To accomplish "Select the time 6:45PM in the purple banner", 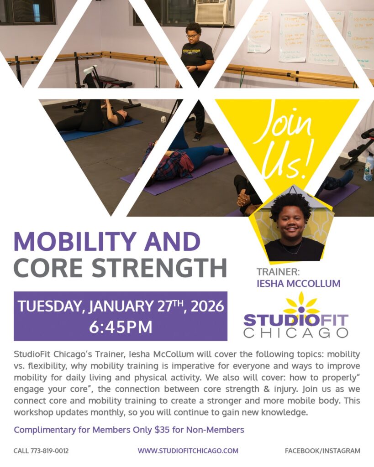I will tap(121, 327).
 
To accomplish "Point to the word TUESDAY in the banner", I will tap(48, 306).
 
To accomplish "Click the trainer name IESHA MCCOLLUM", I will tap(298, 284).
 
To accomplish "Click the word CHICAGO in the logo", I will tap(295, 332).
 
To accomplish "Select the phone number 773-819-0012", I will tap(50, 451).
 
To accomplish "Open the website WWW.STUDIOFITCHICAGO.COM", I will tap(188, 451).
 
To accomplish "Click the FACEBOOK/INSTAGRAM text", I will tap(322, 451).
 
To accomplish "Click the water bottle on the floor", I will tap(368, 167).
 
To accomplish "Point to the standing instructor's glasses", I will tap(192, 36).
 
